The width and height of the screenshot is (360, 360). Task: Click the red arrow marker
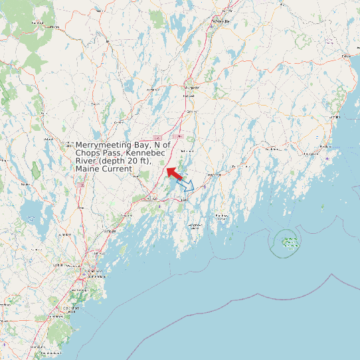174,173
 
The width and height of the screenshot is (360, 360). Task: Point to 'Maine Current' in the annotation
104,169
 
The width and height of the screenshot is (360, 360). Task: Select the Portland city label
90,272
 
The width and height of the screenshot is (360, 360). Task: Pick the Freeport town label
126,217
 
